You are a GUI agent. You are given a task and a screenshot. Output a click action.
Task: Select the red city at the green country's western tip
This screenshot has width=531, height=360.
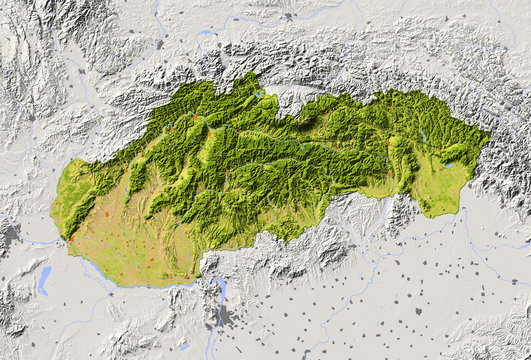[70, 241]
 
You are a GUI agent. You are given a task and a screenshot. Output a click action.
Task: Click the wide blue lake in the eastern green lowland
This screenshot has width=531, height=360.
[451, 164]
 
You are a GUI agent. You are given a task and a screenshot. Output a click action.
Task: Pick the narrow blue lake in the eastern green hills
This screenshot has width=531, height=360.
[424, 135]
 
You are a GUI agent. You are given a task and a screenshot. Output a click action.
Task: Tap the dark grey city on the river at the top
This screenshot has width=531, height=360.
[288, 17]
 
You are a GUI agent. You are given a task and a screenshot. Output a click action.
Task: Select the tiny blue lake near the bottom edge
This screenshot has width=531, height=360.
[185, 347]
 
